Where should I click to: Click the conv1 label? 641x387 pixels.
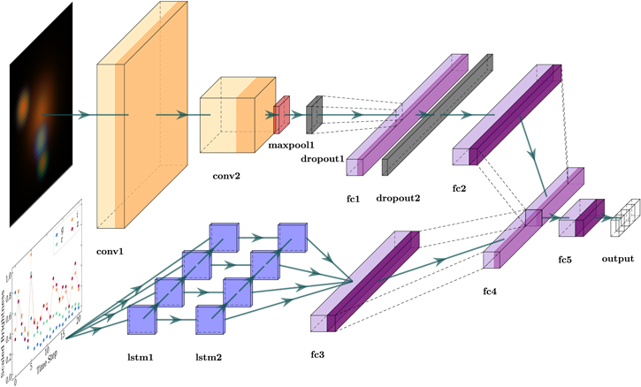coord(110,252)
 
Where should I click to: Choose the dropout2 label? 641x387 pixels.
coord(399,198)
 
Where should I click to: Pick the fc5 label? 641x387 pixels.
coord(569,261)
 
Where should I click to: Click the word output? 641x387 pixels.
coord(619,261)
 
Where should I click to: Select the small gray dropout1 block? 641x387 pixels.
coord(313,115)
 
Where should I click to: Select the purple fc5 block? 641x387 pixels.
coord(579,217)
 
